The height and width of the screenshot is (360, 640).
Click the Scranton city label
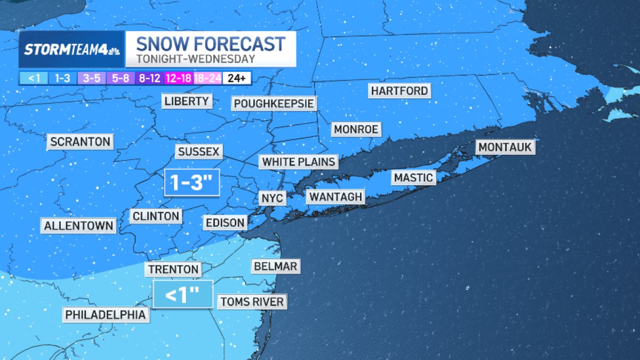click(x=81, y=142)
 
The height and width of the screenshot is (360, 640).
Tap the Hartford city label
click(x=400, y=91)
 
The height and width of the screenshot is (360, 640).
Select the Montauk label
click(x=505, y=147)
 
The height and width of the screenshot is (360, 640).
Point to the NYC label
click(x=273, y=198)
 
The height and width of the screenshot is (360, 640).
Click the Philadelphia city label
click(x=105, y=315)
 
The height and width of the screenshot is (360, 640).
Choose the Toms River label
click(x=252, y=302)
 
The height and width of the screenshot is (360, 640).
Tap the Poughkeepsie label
click(x=274, y=103)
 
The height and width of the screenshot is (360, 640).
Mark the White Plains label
click(x=299, y=162)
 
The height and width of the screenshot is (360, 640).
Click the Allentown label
click(x=79, y=226)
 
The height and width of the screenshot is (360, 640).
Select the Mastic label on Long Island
click(x=413, y=178)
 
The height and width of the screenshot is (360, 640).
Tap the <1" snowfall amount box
click(x=182, y=294)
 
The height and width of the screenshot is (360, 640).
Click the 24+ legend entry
click(x=236, y=78)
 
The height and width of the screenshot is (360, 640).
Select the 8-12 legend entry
click(x=149, y=78)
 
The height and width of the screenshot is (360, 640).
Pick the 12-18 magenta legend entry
click(x=178, y=78)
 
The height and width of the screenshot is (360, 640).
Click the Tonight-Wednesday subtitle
click(x=195, y=59)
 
